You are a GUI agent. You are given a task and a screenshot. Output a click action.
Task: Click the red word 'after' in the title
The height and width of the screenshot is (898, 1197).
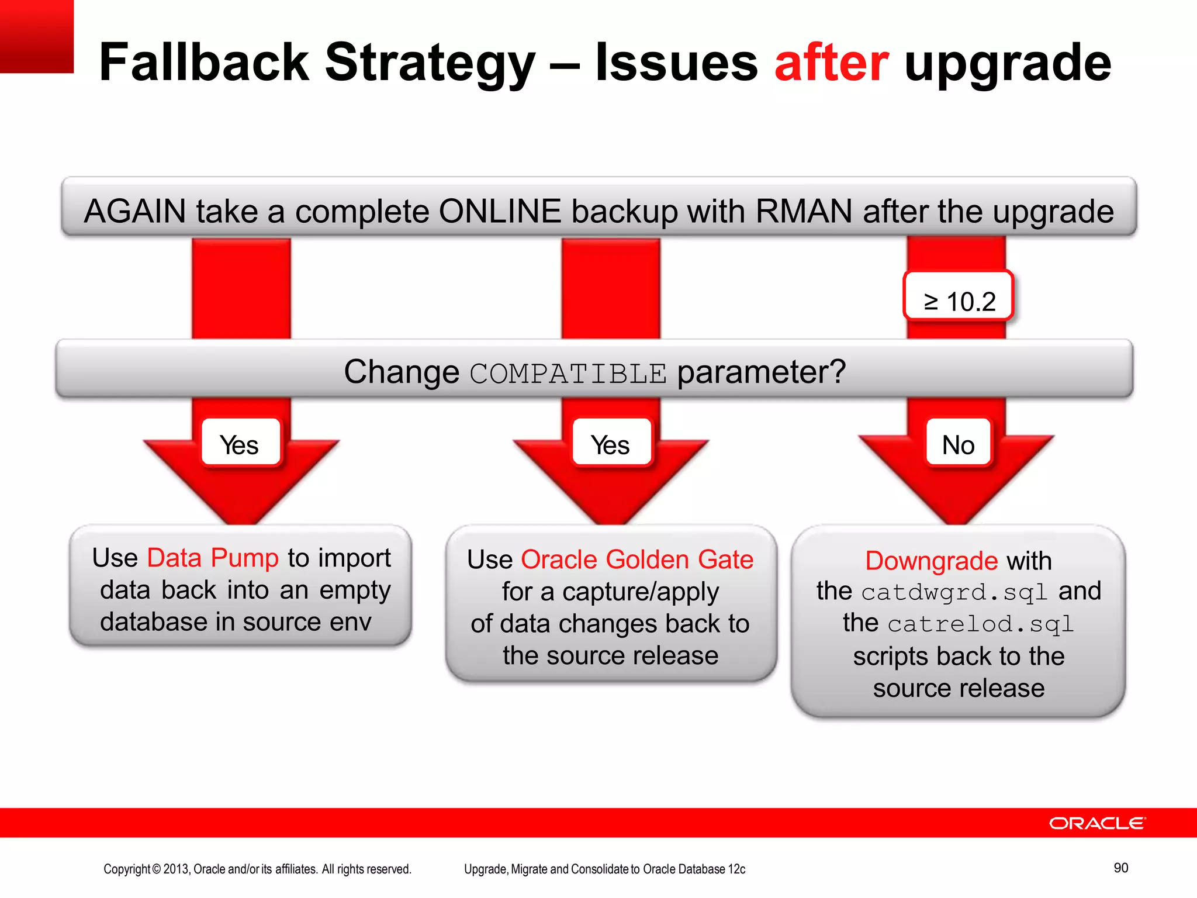coord(831,63)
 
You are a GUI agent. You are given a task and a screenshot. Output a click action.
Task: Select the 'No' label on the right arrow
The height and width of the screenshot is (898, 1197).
coord(959,444)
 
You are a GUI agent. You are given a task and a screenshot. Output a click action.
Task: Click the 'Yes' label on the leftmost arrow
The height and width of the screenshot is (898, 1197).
coord(240,444)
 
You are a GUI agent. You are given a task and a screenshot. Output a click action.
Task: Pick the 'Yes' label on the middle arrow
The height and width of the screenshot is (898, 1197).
coord(610,444)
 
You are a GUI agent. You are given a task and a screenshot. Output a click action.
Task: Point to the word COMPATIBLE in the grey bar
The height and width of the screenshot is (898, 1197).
coord(568,374)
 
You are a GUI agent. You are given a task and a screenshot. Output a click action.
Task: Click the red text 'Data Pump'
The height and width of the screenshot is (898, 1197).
coord(213,558)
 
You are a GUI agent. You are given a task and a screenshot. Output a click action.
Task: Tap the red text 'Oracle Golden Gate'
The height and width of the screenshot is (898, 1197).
coord(637,559)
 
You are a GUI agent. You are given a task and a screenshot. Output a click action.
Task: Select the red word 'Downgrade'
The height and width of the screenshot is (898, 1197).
coord(932,561)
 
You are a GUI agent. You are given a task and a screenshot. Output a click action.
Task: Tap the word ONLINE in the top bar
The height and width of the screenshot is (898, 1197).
coord(500,211)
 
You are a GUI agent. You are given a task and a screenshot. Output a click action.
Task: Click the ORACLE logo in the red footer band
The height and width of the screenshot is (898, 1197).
coord(1097,823)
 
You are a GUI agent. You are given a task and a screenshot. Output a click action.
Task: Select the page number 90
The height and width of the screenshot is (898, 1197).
coord(1120,868)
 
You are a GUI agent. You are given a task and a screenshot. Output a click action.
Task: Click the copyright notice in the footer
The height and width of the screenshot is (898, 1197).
coord(257,869)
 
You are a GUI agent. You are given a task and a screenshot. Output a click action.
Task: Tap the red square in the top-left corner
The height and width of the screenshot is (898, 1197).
coord(36,36)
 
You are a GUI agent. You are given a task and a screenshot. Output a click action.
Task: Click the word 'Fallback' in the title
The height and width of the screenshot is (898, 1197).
coord(205,63)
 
